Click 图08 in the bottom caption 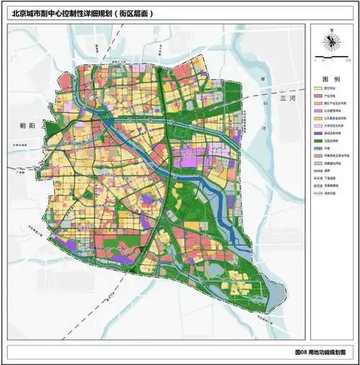pyautogui.click(x=302, y=353)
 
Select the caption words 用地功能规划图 pyautogui.click(x=328, y=353)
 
